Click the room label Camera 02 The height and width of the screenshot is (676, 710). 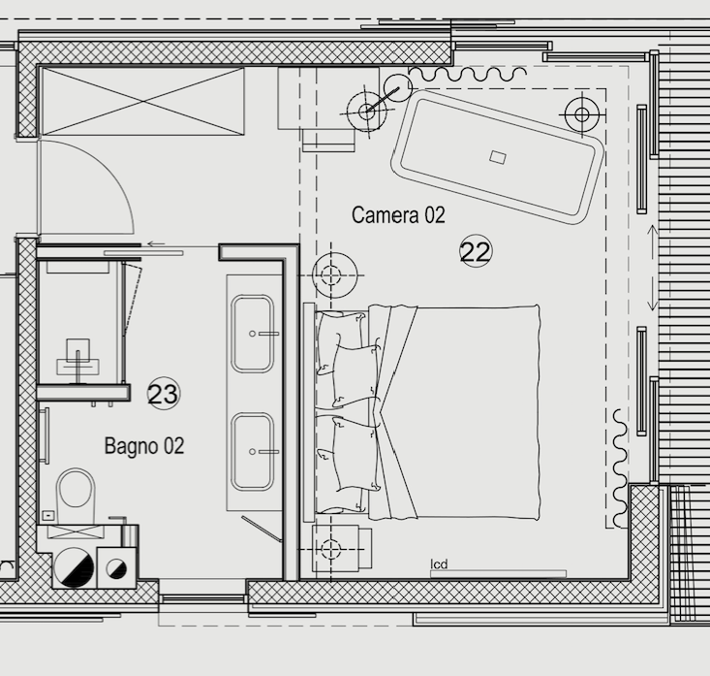coord(398,215)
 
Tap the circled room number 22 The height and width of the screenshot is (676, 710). coord(476,251)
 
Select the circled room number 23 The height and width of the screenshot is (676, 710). coord(164,394)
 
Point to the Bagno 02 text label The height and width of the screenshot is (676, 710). coord(144,446)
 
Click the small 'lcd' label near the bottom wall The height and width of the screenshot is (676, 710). coord(439,564)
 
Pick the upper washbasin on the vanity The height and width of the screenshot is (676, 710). coord(252,334)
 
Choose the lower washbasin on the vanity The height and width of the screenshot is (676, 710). coord(252,452)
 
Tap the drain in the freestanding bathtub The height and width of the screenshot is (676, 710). coord(498,157)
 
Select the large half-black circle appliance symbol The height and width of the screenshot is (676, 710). coord(74,566)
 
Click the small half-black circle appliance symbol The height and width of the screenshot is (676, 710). coord(116,568)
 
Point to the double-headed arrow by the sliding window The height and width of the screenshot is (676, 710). coord(652,268)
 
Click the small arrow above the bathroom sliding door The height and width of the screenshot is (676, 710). coord(156,243)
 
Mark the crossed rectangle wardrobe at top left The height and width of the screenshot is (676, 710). coord(143,101)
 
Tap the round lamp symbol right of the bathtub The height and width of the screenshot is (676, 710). coord(582,114)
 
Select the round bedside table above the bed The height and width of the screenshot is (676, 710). coord(334,275)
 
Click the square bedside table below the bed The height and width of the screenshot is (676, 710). coord(342,549)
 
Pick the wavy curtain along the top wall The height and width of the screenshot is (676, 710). coord(467,73)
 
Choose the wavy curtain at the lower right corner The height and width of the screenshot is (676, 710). coord(620,467)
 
